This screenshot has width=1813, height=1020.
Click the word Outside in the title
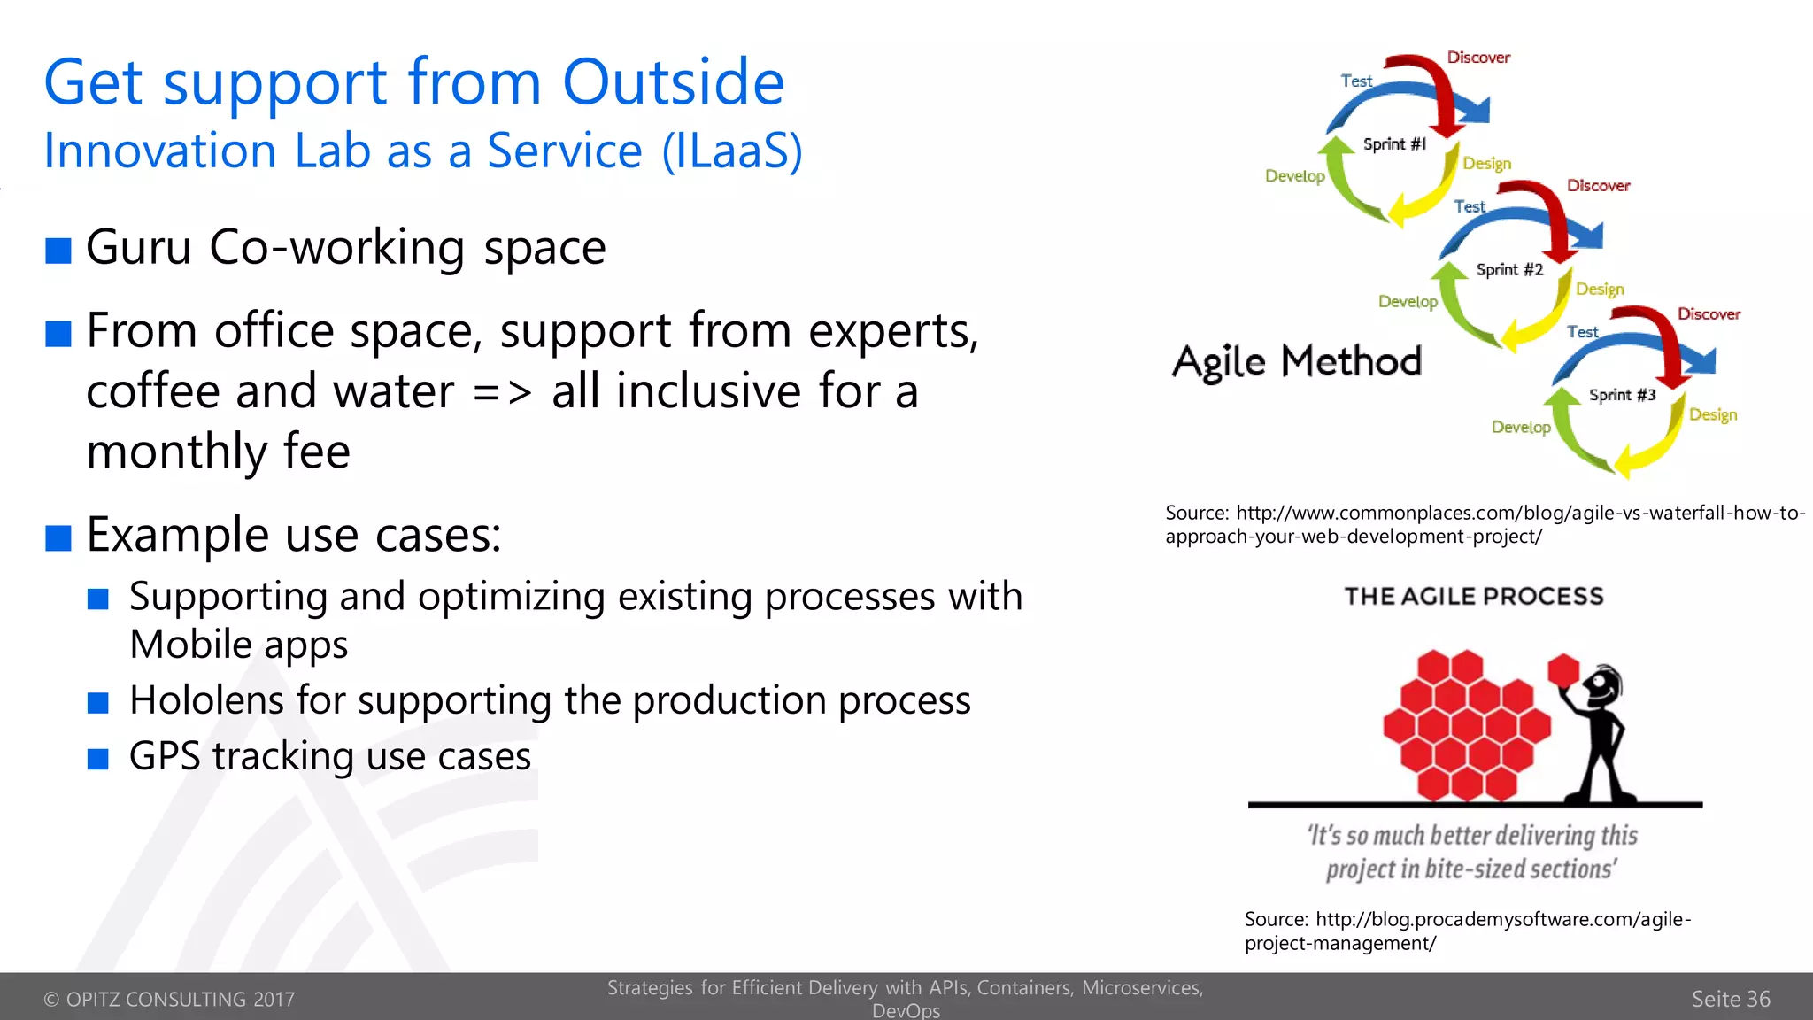(x=673, y=82)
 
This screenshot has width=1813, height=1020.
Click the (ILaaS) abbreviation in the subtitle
(x=732, y=151)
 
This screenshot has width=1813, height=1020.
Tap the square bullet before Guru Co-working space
(x=58, y=251)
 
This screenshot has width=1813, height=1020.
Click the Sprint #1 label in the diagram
(x=1394, y=144)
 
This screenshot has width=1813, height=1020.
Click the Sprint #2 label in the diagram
(x=1508, y=270)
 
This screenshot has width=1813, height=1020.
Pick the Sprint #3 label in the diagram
(x=1621, y=395)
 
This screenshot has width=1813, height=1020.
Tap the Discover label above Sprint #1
(x=1477, y=58)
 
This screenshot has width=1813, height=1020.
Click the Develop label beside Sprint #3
(x=1520, y=428)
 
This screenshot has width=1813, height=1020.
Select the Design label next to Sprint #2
(x=1599, y=290)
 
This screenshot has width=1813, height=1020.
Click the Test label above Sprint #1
(x=1355, y=81)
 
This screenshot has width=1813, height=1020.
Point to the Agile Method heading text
(x=1296, y=362)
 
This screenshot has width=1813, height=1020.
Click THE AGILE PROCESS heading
(x=1473, y=597)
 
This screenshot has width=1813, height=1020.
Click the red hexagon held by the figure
(x=1563, y=669)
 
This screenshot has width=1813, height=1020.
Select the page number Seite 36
(x=1730, y=999)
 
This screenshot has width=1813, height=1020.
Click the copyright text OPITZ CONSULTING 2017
(x=169, y=1000)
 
